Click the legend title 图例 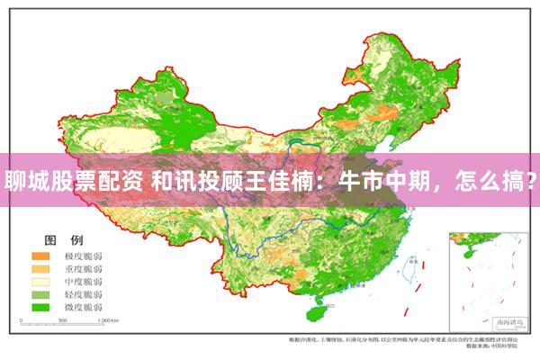point(64,240)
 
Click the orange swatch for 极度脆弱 point(41,256)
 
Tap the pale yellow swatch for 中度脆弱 point(41,282)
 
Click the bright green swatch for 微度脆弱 point(41,307)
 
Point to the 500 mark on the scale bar point(66,320)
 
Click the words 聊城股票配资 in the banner point(70,181)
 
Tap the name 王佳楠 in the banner point(279,181)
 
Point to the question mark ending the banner point(531,181)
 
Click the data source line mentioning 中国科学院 point(499,346)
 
